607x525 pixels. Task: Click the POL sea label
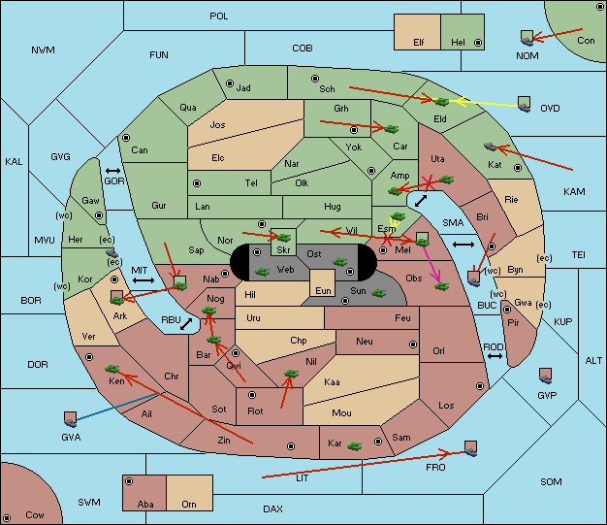click(x=219, y=16)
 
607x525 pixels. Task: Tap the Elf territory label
click(x=419, y=43)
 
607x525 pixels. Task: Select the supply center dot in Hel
click(x=478, y=43)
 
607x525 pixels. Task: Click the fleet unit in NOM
click(x=527, y=39)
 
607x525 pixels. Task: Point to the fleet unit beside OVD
click(x=525, y=104)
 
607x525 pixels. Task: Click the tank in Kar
click(x=355, y=446)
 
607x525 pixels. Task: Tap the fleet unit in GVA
click(x=71, y=419)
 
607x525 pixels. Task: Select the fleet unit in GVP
click(x=546, y=376)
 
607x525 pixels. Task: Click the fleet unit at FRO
click(x=470, y=448)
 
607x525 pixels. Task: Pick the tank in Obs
click(x=441, y=286)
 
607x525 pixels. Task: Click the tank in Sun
click(x=378, y=293)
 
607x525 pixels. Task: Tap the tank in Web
click(x=262, y=272)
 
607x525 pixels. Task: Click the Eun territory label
click(x=323, y=290)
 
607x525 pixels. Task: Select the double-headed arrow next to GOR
click(x=113, y=171)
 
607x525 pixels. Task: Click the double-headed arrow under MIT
click(x=144, y=280)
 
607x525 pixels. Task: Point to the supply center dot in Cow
click(x=7, y=518)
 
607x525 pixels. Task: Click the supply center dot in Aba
click(x=129, y=481)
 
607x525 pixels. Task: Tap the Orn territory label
click(x=189, y=504)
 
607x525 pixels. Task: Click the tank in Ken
click(x=112, y=368)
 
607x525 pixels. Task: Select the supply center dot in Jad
click(x=230, y=83)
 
